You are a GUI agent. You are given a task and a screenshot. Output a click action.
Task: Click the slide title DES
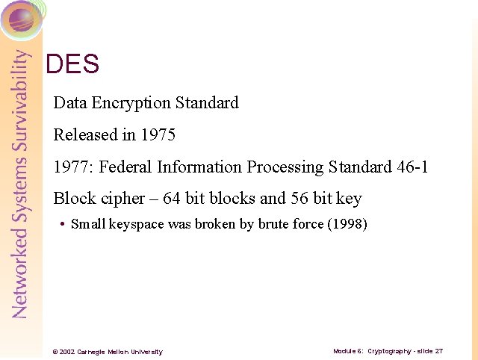[72, 64]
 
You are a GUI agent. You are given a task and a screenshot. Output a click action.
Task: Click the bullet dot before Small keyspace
[62, 224]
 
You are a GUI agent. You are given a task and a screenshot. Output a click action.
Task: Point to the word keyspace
[140, 223]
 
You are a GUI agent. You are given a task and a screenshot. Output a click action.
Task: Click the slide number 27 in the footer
[438, 350]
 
